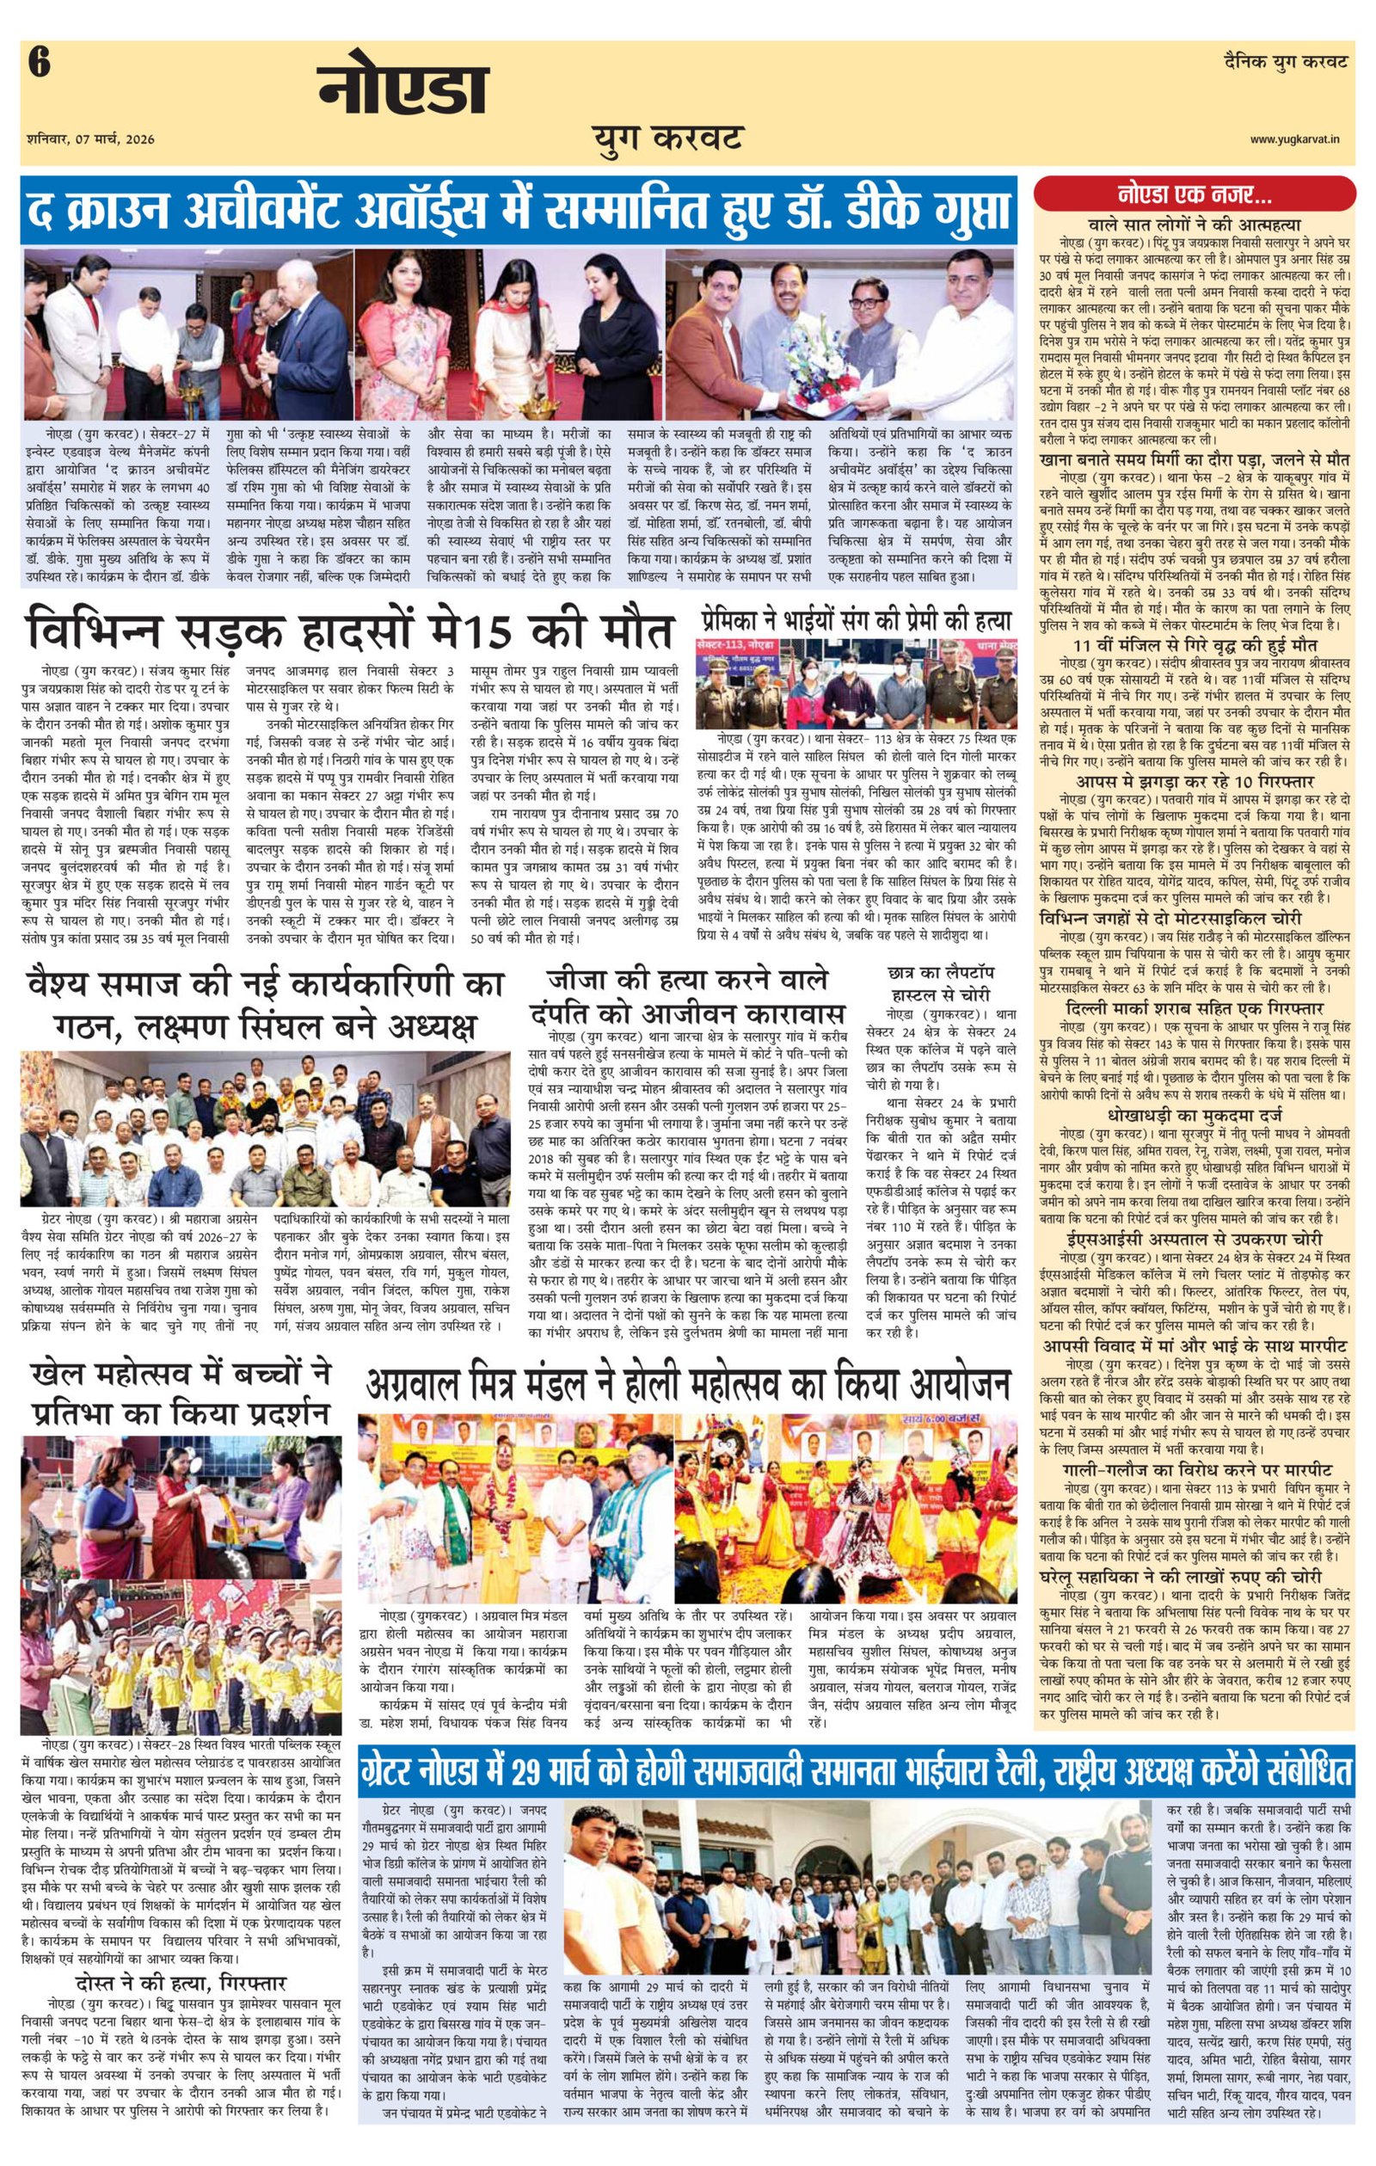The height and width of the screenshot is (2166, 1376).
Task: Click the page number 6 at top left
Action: (40, 65)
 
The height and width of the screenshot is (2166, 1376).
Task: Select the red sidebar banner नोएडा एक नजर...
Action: (1195, 194)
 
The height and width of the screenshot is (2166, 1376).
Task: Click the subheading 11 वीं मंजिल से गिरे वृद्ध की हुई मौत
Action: (1195, 647)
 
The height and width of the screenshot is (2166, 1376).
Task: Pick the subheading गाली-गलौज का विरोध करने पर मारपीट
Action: (1195, 1469)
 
